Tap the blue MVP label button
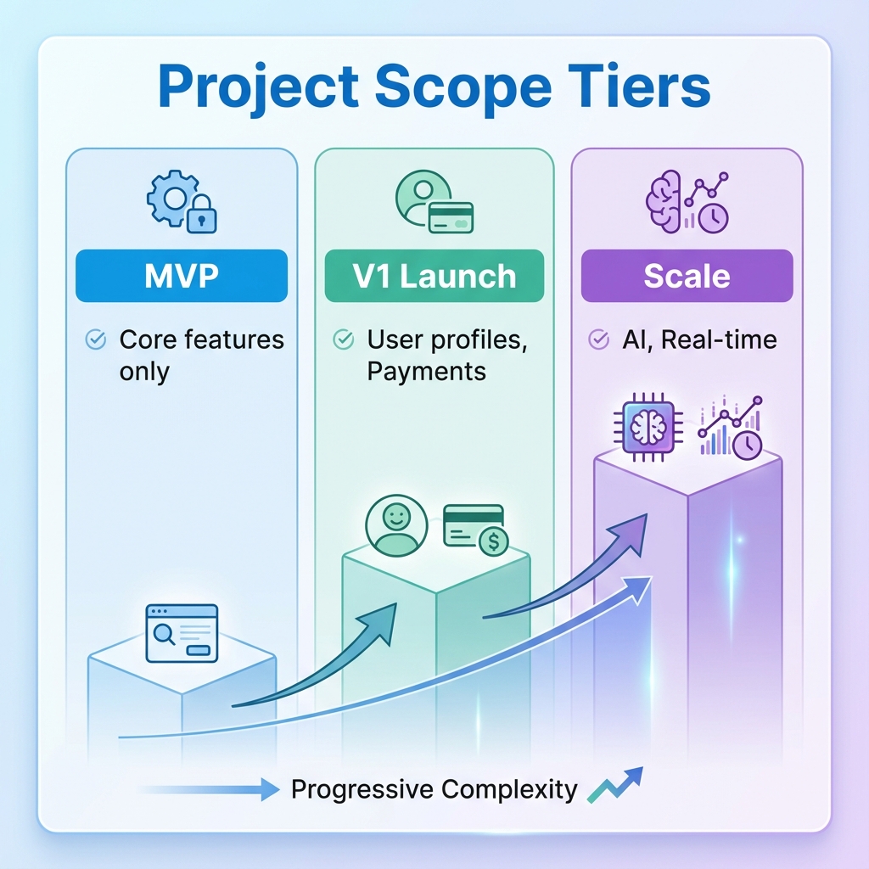[182, 276]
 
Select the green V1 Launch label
[434, 276]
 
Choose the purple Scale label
[687, 276]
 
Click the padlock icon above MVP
[201, 216]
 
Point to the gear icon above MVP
[171, 199]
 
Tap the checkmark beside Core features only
[96, 340]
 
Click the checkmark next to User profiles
[344, 340]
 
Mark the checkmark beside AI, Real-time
[598, 340]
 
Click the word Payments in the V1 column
[426, 372]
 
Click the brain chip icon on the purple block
[648, 425]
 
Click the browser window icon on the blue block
[182, 632]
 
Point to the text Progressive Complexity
[434, 790]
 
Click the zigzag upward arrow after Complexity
[614, 785]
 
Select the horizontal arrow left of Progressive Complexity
[212, 790]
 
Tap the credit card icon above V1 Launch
[451, 217]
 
